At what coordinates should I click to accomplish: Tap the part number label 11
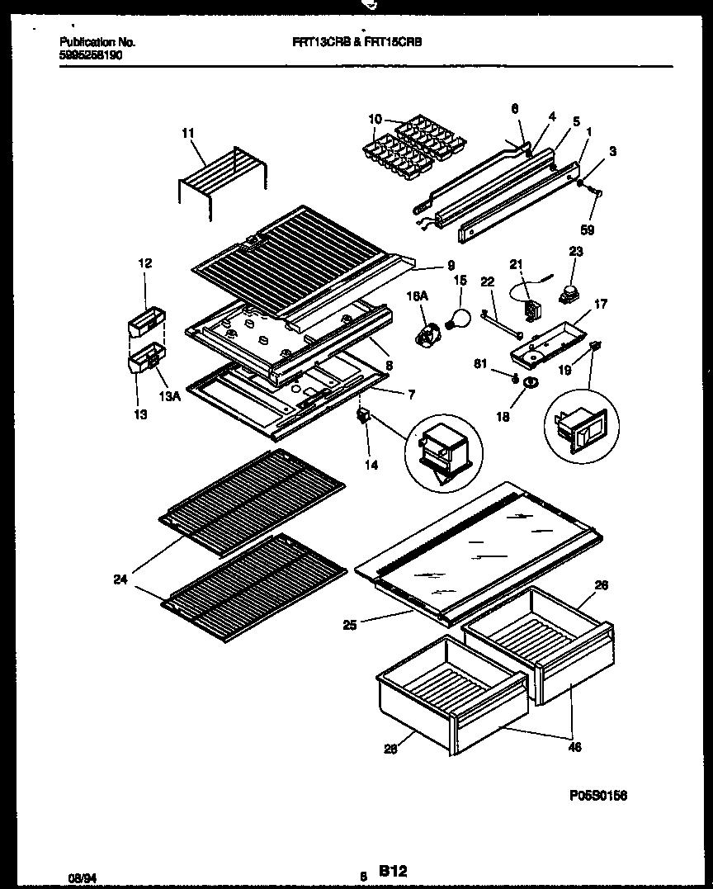click(x=187, y=132)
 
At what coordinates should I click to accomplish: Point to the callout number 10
click(x=375, y=120)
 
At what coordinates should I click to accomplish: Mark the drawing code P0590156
click(x=598, y=796)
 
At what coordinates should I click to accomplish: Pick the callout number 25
click(x=350, y=626)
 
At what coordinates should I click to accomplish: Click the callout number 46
click(x=574, y=748)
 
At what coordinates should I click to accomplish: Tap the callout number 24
click(x=121, y=579)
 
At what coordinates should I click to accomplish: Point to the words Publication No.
click(x=98, y=41)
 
